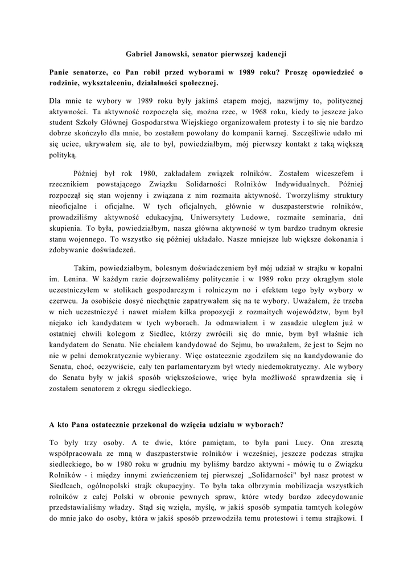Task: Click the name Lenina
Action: click(x=71, y=278)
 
